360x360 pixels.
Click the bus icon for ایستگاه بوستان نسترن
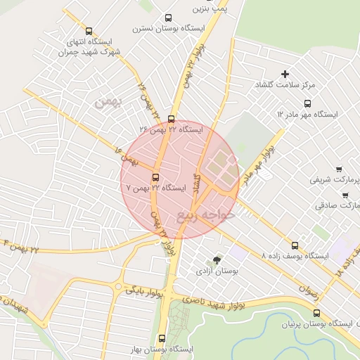point(167,18)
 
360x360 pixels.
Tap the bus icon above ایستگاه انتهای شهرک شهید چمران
point(89,31)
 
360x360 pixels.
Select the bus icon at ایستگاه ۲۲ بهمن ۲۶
point(172,119)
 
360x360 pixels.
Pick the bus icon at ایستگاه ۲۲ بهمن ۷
point(155,177)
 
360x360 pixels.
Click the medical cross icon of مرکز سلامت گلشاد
point(285,74)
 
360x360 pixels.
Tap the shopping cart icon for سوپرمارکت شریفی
point(339,169)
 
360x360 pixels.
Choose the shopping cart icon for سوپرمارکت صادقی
point(345,195)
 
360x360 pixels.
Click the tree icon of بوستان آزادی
point(216,260)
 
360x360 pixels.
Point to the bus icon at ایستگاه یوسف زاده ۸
point(295,246)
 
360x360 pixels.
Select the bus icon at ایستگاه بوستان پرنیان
point(316,314)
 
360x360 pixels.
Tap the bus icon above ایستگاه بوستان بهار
point(162,338)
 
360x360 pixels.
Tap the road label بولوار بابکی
point(144,292)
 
